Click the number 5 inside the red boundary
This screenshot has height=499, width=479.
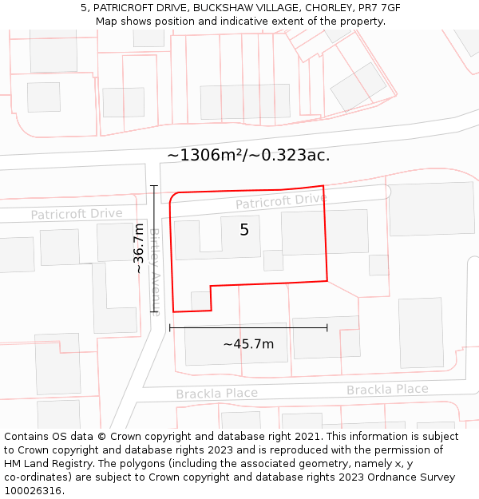(244, 230)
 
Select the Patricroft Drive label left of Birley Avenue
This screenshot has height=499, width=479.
(77, 214)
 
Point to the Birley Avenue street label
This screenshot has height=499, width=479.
(156, 271)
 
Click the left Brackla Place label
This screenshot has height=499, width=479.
(216, 394)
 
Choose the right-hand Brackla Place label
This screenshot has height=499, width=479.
(387, 390)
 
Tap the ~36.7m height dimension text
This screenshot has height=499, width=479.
(139, 248)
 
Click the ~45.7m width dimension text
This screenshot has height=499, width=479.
(248, 344)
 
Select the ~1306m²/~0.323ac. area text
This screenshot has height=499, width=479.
(248, 156)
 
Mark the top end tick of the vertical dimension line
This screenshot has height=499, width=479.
(154, 185)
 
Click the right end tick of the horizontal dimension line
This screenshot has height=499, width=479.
(327, 327)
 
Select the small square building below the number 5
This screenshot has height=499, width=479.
(273, 260)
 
